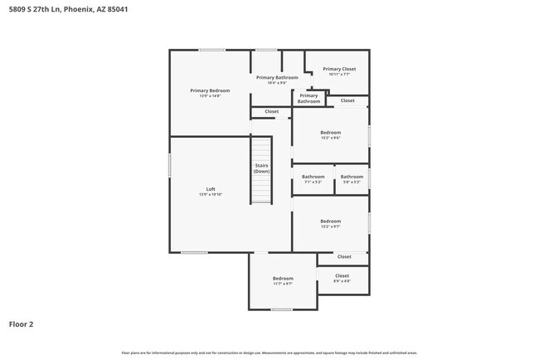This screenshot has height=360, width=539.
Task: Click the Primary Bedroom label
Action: tap(210, 90)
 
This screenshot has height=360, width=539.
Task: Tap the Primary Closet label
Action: tap(339, 69)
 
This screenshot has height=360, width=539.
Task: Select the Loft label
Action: tap(211, 189)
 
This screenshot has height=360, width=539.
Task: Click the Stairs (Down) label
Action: tap(262, 168)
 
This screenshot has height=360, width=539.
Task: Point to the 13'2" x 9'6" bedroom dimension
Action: tap(331, 138)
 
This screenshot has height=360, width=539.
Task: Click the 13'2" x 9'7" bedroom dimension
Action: tap(331, 226)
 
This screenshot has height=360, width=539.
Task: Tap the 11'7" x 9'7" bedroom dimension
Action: tap(283, 284)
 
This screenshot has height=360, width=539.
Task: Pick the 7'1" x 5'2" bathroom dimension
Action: tap(313, 182)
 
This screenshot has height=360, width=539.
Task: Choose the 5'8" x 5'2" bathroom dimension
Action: tap(352, 182)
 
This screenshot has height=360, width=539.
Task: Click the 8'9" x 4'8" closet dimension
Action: tap(342, 281)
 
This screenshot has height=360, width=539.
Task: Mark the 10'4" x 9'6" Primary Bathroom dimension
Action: tap(277, 83)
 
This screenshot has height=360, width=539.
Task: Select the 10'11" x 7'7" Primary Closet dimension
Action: tap(339, 75)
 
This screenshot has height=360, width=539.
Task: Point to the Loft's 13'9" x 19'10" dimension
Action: tap(211, 194)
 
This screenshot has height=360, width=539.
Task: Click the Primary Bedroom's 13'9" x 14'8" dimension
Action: tap(210, 96)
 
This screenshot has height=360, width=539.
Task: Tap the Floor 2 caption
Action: tap(21, 324)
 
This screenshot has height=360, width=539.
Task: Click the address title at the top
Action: tap(58, 10)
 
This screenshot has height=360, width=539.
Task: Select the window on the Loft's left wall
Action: tap(170, 164)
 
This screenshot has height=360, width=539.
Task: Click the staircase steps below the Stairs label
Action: tap(262, 189)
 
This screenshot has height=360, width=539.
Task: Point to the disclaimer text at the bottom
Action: tap(269, 353)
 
